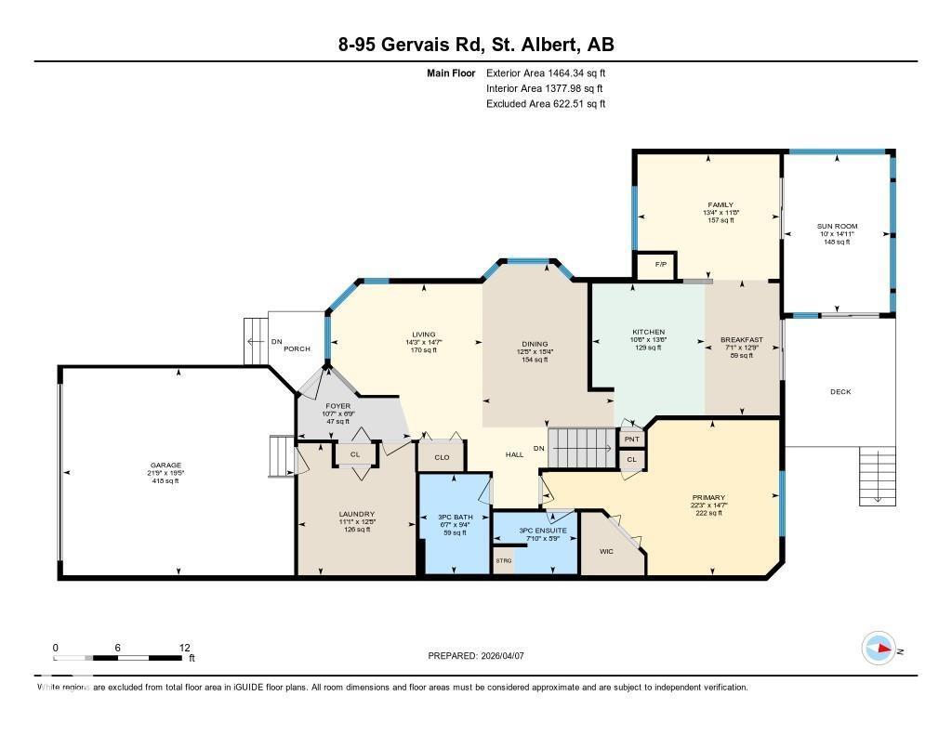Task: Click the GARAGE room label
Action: (166, 466)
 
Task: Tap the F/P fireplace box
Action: (661, 265)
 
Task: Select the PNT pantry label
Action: (632, 439)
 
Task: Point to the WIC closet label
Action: (606, 551)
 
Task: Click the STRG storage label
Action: (503, 560)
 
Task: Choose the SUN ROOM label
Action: (837, 227)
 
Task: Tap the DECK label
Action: (840, 391)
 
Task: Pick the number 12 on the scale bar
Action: (184, 648)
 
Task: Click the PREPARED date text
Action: (475, 655)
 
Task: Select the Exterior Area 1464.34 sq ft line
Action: (546, 72)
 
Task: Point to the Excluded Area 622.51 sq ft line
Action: (546, 104)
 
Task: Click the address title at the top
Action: (475, 45)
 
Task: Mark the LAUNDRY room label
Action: (356, 514)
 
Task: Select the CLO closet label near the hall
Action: (442, 457)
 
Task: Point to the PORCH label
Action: (297, 348)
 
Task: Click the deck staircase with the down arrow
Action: (876, 476)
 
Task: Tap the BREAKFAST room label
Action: (741, 340)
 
